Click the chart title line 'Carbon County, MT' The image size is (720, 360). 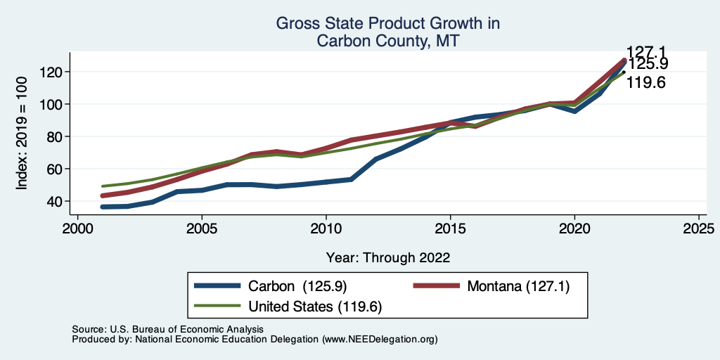click(x=388, y=41)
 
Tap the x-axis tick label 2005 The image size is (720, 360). click(x=202, y=229)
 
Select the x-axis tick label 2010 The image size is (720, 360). click(x=326, y=229)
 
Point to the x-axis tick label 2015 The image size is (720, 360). click(x=450, y=229)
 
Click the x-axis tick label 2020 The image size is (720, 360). click(x=574, y=229)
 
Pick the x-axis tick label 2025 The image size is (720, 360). click(x=699, y=229)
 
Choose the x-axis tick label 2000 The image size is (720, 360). click(x=77, y=229)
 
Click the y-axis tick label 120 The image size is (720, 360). click(x=53, y=72)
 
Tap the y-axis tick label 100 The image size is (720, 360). click(x=53, y=104)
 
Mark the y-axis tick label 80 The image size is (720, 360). click(x=57, y=136)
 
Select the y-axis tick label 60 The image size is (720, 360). click(x=57, y=169)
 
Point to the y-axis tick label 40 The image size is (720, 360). click(x=57, y=201)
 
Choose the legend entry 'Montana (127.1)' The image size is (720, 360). click(x=514, y=286)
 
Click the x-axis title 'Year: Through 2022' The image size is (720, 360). click(x=388, y=257)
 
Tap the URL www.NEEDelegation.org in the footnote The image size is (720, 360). click(x=380, y=340)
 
